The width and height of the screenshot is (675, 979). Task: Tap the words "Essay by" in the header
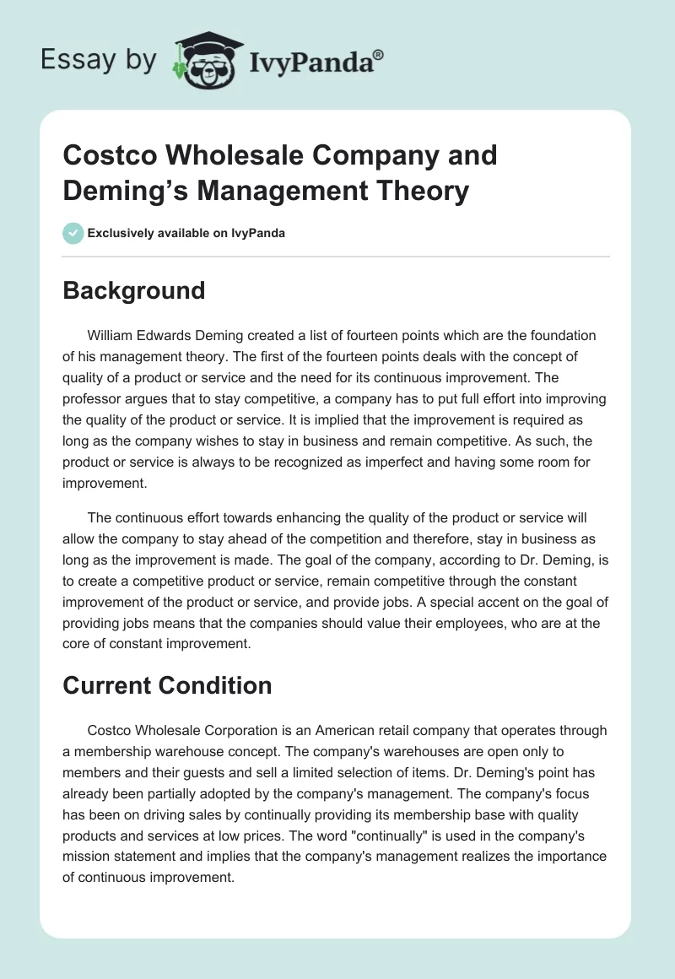(x=98, y=60)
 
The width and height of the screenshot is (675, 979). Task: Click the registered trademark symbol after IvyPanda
(x=379, y=55)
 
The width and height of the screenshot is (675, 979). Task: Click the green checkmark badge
(x=73, y=233)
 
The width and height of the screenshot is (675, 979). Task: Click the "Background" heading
(x=133, y=290)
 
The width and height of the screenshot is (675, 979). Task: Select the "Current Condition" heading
(x=167, y=684)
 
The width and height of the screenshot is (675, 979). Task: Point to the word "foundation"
(x=567, y=335)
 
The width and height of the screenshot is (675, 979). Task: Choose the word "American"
(x=343, y=730)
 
